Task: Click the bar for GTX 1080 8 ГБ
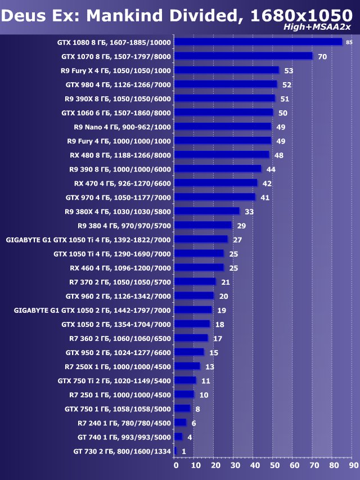click(258, 42)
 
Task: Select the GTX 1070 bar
click(243, 56)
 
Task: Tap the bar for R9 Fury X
click(227, 70)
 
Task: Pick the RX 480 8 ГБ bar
click(222, 155)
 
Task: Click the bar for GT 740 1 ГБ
click(178, 437)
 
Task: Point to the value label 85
click(349, 42)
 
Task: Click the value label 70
click(322, 56)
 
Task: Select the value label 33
click(249, 212)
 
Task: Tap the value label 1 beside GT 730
click(183, 451)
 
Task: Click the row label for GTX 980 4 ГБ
click(118, 84)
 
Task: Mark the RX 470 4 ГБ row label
click(122, 183)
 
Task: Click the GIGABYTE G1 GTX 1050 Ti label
click(88, 240)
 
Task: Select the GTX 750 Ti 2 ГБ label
click(114, 380)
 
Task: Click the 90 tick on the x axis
click(353, 465)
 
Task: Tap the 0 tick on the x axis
click(175, 465)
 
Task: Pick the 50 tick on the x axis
click(274, 465)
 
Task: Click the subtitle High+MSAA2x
click(325, 27)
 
